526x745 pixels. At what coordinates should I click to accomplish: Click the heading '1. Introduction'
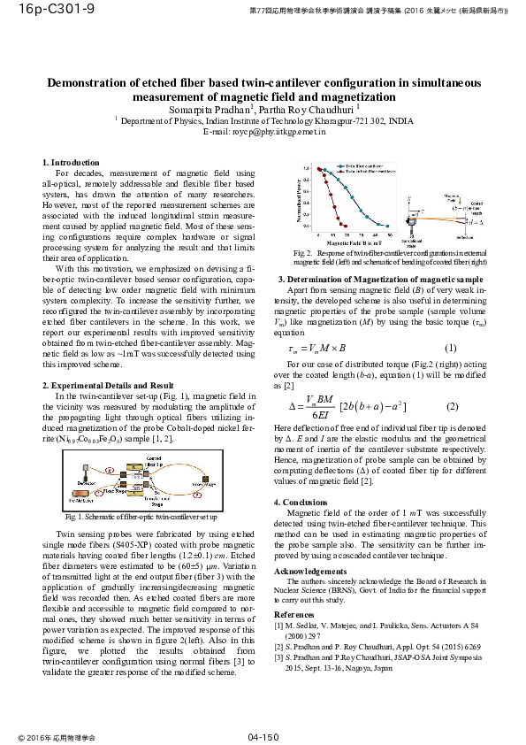click(72, 163)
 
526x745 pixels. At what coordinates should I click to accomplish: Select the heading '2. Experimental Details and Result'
click(108, 386)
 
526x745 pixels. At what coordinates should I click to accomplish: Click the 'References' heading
click(293, 613)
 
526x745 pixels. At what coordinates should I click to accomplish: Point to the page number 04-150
click(263, 736)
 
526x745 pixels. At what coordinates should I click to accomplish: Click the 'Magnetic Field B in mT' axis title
click(351, 242)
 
